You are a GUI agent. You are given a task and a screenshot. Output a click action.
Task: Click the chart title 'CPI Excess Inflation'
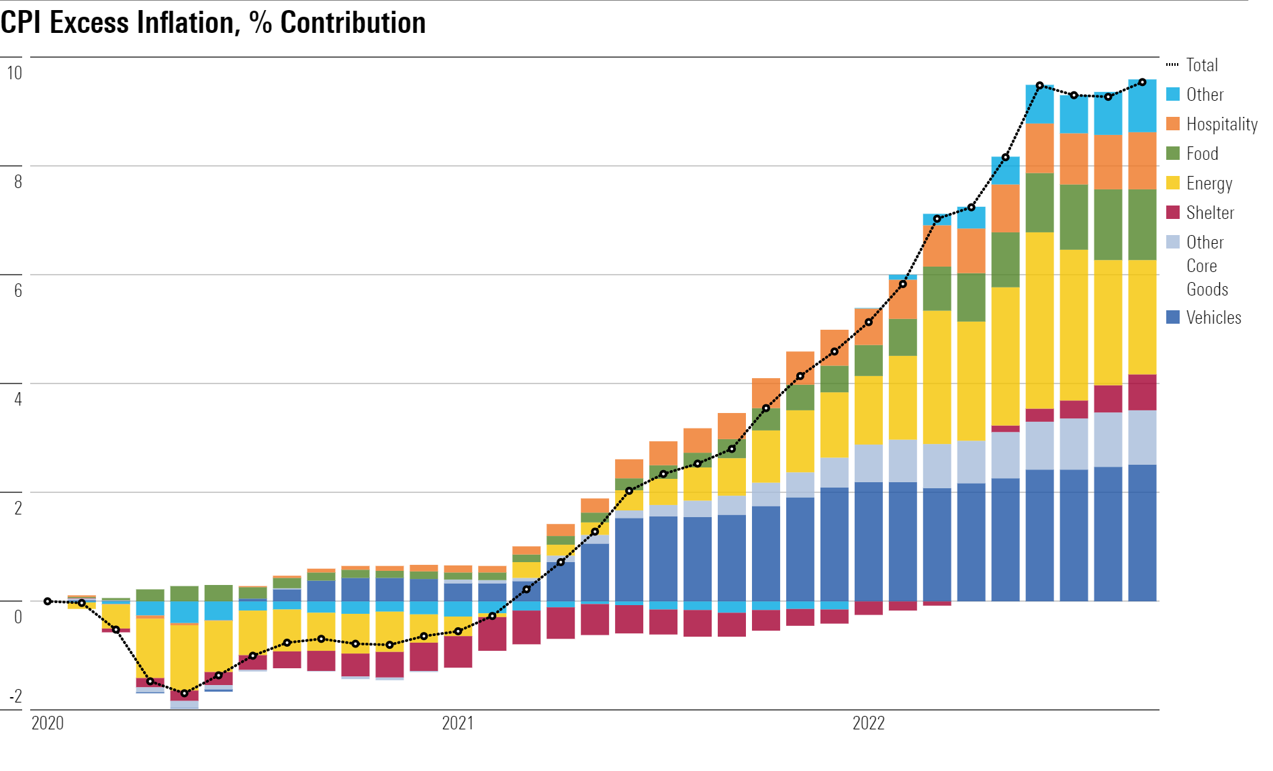click(214, 23)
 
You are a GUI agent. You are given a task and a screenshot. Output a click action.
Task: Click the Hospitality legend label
click(1221, 124)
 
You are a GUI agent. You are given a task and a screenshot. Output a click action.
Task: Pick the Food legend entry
click(1202, 154)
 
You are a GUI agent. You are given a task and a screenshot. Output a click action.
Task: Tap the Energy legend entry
click(1209, 183)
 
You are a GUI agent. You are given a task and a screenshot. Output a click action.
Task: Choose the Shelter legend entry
click(1210, 213)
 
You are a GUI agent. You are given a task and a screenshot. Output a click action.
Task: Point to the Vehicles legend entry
click(1213, 318)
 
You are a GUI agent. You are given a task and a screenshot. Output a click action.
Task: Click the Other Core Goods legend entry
click(1207, 266)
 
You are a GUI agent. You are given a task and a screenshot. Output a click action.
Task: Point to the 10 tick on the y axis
click(14, 73)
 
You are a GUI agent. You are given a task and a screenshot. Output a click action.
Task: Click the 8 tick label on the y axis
click(18, 181)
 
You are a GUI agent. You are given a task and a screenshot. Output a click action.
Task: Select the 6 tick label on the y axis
click(18, 290)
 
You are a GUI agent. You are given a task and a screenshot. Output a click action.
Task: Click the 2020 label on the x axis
click(48, 723)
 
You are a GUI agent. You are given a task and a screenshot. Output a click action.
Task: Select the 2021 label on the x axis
click(458, 723)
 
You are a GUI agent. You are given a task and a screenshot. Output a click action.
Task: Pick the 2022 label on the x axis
click(869, 723)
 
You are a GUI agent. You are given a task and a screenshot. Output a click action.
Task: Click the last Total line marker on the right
click(1142, 83)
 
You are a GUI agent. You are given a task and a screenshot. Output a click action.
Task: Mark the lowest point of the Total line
click(185, 693)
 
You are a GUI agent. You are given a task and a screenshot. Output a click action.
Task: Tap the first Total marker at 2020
click(48, 601)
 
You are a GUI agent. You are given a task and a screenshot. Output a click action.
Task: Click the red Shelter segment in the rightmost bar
click(1142, 392)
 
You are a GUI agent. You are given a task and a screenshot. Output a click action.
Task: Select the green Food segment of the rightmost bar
click(1142, 224)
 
